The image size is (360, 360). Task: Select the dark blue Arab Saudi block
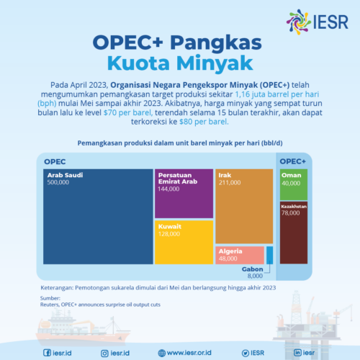(x=97, y=223)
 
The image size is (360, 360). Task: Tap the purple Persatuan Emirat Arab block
(x=184, y=193)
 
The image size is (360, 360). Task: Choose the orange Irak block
(x=244, y=206)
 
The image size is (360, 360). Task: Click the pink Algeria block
(x=240, y=255)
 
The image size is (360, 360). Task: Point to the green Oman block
(x=294, y=184)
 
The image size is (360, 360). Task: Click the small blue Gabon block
(x=269, y=255)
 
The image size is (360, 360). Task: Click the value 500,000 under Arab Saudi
(x=58, y=183)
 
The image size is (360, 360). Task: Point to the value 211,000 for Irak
(x=230, y=183)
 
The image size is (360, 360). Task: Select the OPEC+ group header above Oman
(x=292, y=161)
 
